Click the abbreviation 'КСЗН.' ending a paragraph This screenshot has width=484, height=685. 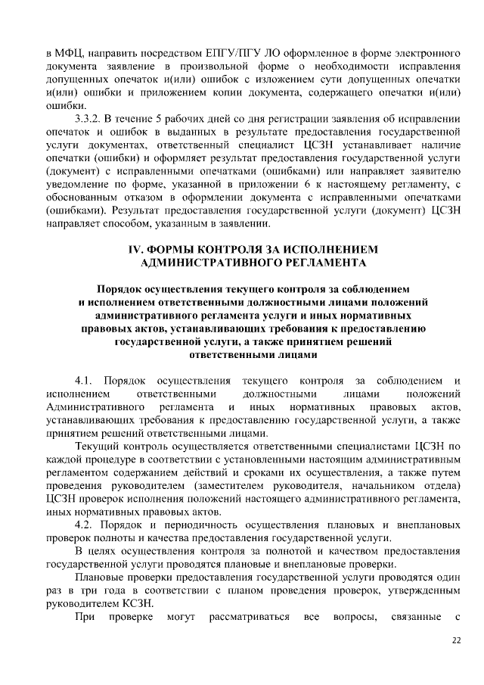(136, 605)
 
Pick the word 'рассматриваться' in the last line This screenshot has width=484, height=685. (253, 618)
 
